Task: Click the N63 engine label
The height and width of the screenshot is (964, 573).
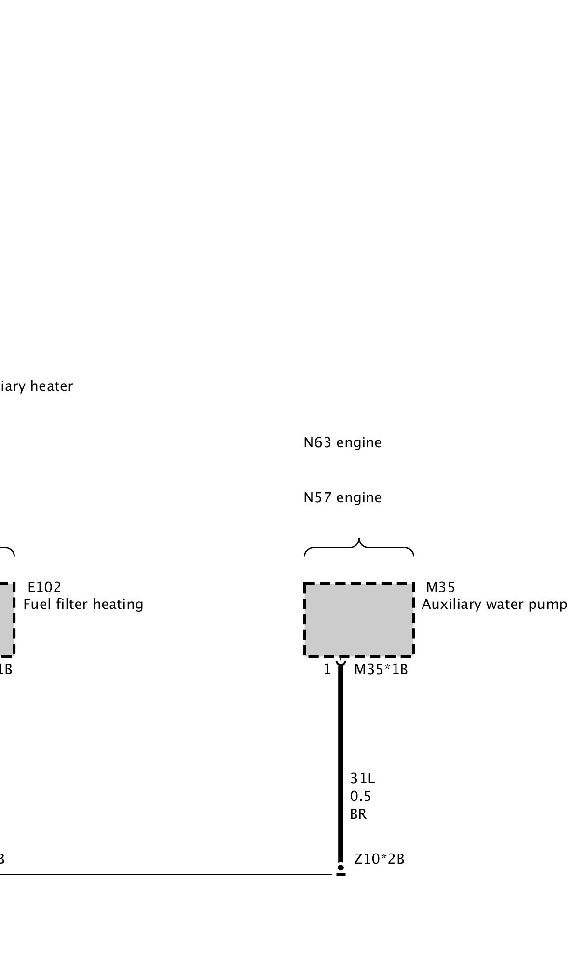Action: [x=342, y=443]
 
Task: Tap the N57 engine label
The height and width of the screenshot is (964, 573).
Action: [x=342, y=498]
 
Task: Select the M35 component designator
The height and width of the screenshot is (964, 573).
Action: [x=440, y=587]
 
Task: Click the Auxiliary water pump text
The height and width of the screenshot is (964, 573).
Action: [x=494, y=605]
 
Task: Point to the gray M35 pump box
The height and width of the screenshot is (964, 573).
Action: [x=359, y=620]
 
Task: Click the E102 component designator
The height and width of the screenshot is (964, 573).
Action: [x=44, y=587]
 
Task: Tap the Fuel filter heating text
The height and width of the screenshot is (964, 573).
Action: [x=83, y=605]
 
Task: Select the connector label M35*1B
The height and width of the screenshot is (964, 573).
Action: [x=381, y=670]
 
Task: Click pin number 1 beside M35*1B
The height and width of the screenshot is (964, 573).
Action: [x=327, y=670]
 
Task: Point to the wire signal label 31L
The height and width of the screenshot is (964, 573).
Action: [x=362, y=779]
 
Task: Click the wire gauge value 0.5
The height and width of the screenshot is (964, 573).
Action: [x=361, y=796]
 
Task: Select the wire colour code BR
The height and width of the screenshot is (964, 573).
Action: [x=358, y=814]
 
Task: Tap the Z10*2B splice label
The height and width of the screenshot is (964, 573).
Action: [x=379, y=859]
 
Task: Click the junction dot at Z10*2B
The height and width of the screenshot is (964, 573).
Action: [x=341, y=867]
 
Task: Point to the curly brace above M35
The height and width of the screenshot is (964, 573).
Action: [x=359, y=548]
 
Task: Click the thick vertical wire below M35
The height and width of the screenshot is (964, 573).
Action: [x=341, y=762]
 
